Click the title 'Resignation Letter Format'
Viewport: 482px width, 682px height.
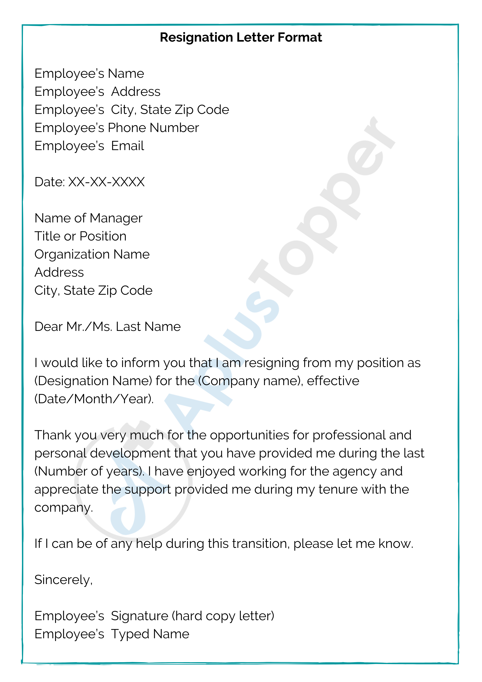pos(241,38)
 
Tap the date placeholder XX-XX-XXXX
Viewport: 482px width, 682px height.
pos(106,182)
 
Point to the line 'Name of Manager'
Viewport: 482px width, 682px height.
pos(88,218)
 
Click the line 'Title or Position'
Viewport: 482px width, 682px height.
pos(80,236)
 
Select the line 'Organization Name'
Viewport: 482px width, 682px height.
pos(92,254)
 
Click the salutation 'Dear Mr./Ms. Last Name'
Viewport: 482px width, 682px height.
pos(107,327)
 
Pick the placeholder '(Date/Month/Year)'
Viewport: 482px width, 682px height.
pos(94,399)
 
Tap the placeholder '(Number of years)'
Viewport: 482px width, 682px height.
pos(89,472)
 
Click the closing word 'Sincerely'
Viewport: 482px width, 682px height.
pos(62,580)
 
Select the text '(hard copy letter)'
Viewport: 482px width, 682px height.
pos(223,616)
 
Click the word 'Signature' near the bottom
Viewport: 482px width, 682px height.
pos(140,616)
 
